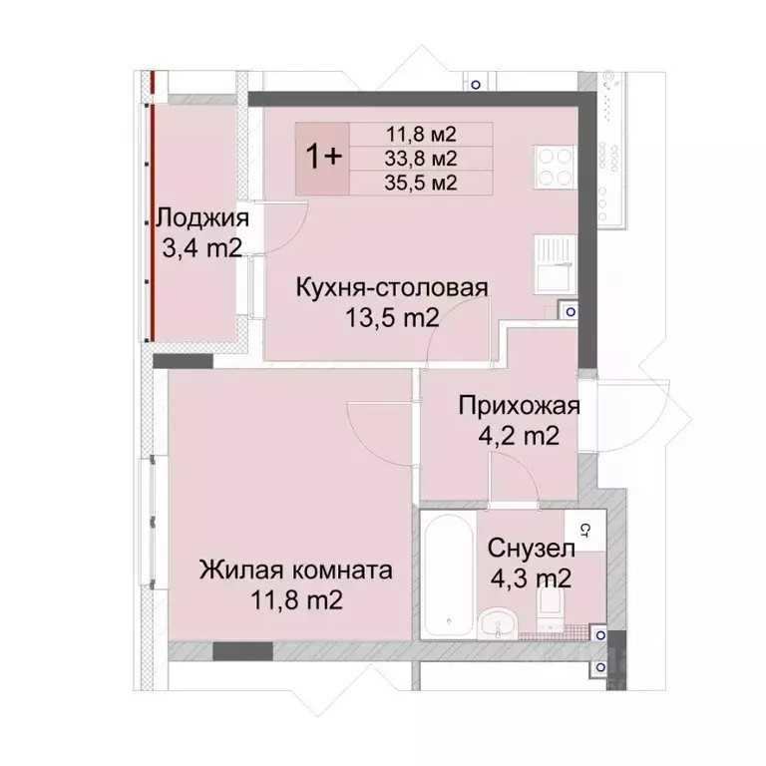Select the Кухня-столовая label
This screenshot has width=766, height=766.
click(391, 288)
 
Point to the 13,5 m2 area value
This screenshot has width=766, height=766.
click(391, 318)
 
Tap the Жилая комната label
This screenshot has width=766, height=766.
click(295, 572)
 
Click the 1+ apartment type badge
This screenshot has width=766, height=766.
click(322, 158)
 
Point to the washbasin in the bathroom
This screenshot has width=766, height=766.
click(497, 623)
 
